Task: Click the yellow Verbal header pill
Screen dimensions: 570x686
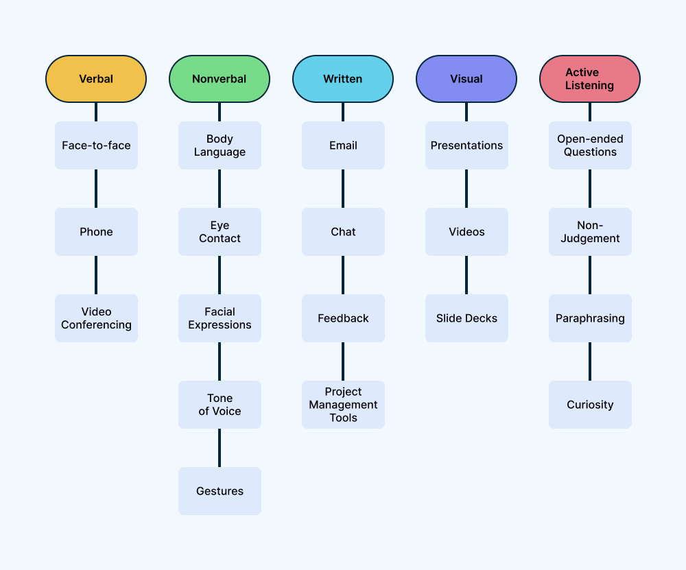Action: point(96,79)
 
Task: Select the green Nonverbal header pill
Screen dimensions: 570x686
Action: point(220,79)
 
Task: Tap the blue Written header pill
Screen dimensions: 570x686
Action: point(343,79)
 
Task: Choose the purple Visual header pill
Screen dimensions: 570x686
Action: point(466,79)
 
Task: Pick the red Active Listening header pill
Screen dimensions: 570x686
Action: point(590,79)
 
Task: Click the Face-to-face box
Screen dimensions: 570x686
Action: point(96,145)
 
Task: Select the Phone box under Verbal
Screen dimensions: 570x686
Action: point(96,232)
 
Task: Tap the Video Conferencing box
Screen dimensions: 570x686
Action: point(96,318)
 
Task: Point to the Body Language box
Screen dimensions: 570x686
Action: point(220,145)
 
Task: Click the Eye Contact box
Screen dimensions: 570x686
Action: point(220,232)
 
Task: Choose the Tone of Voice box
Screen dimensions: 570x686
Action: point(220,405)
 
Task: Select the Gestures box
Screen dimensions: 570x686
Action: point(220,491)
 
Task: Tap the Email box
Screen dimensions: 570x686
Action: point(343,145)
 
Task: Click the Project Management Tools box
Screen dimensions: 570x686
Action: point(343,405)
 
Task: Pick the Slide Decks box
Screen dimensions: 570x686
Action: point(466,318)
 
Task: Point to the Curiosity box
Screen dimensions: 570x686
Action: point(590,405)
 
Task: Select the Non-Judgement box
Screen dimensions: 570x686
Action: point(590,232)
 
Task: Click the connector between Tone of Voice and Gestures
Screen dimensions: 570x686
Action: point(220,448)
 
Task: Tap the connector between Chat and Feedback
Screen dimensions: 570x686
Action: point(343,275)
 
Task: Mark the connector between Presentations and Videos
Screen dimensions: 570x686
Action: point(466,189)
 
